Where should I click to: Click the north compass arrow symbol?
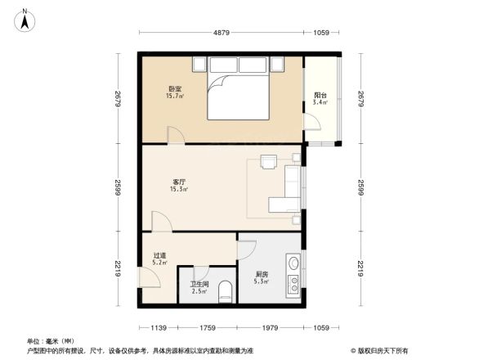point(26,19)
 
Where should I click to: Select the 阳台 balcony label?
point(321,94)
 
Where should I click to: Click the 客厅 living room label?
point(178,182)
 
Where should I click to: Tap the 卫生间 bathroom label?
point(199,285)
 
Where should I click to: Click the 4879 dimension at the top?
point(223,33)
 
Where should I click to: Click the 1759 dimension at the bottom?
point(206,329)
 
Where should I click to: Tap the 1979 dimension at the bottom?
point(270,329)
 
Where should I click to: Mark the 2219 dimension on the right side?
point(360,268)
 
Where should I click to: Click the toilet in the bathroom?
point(226,292)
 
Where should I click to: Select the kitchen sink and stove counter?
point(293,277)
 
